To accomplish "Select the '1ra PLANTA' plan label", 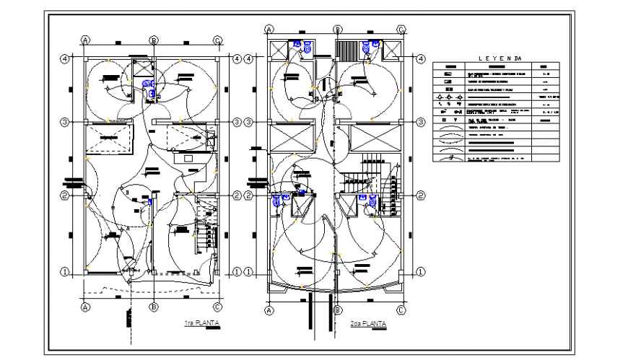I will click(201, 323).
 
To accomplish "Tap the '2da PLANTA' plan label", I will click(367, 323).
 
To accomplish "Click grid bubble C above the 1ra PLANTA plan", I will click(217, 40).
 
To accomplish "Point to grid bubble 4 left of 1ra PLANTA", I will click(64, 58).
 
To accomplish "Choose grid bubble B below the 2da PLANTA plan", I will click(337, 310).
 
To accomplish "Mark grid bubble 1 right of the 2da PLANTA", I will click(419, 272).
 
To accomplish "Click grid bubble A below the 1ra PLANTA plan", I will click(84, 307).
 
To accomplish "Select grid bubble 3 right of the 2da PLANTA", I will click(419, 123).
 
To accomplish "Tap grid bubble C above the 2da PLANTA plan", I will click(401, 29).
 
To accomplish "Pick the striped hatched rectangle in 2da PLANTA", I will click(348, 53).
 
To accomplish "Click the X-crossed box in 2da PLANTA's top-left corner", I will click(278, 51).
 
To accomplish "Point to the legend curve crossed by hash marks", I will click(448, 157).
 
